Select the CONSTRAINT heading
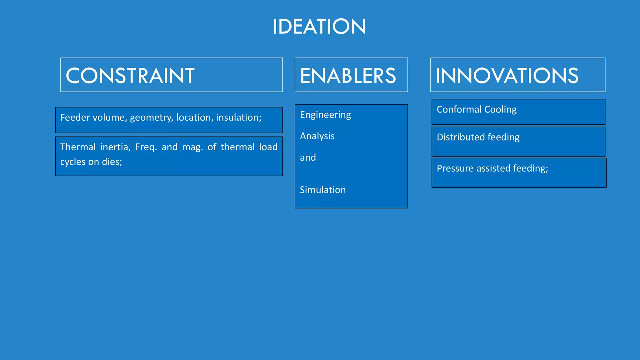[x=130, y=76]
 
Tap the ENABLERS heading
[x=348, y=76]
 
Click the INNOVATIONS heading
[x=507, y=76]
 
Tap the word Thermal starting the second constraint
[x=78, y=147]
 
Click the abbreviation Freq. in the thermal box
[x=146, y=147]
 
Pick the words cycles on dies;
[x=91, y=162]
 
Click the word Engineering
[x=325, y=115]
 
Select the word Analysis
[x=317, y=136]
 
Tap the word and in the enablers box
[x=308, y=157]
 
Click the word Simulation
[x=323, y=190]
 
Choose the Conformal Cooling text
[x=477, y=110]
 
